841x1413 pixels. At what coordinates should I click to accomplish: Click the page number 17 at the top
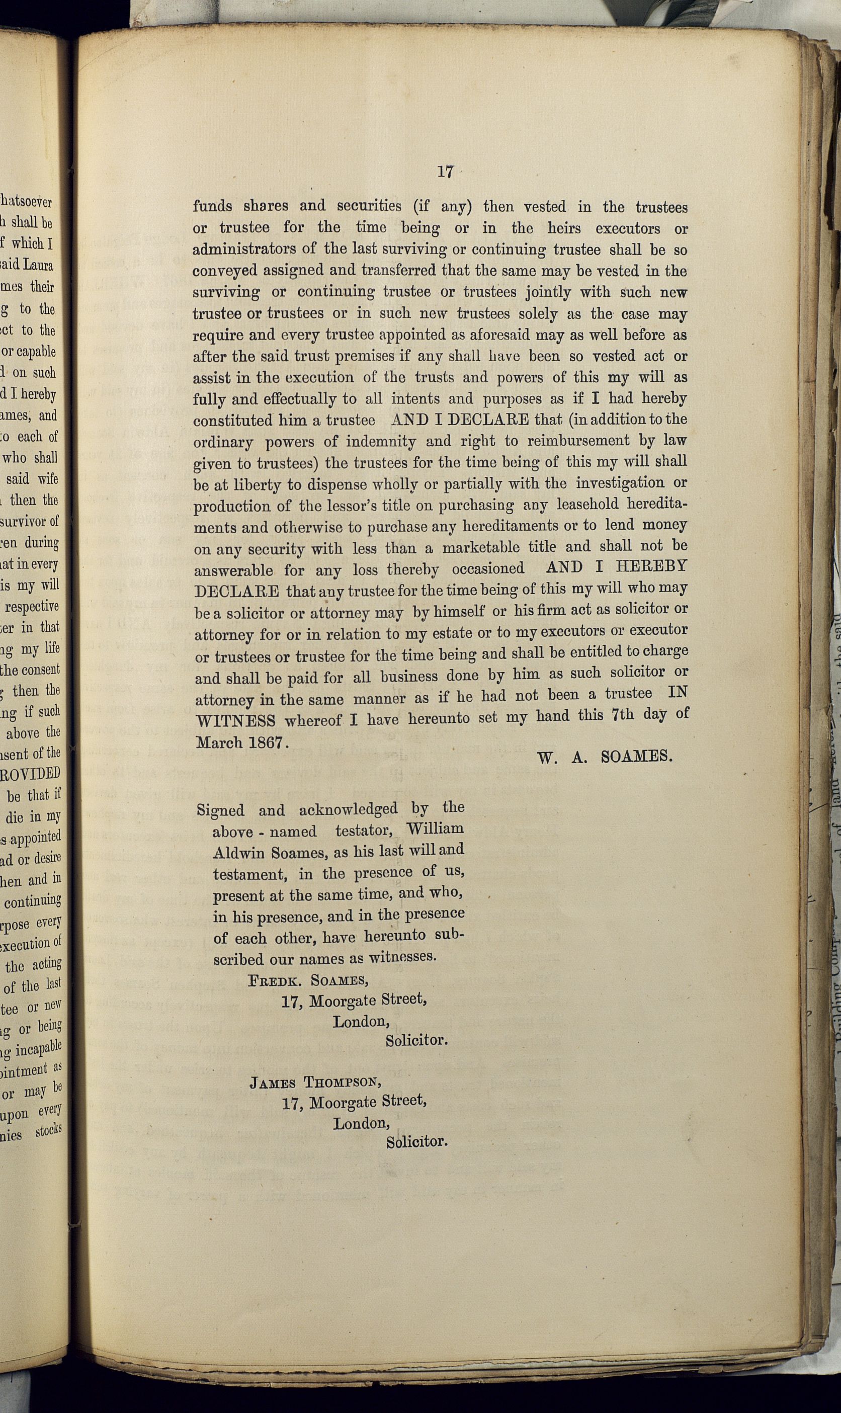[446, 172]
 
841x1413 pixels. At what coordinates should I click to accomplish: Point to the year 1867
[265, 742]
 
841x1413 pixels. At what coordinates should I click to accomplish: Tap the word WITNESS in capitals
[235, 721]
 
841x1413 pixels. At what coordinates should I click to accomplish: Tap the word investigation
[620, 483]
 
